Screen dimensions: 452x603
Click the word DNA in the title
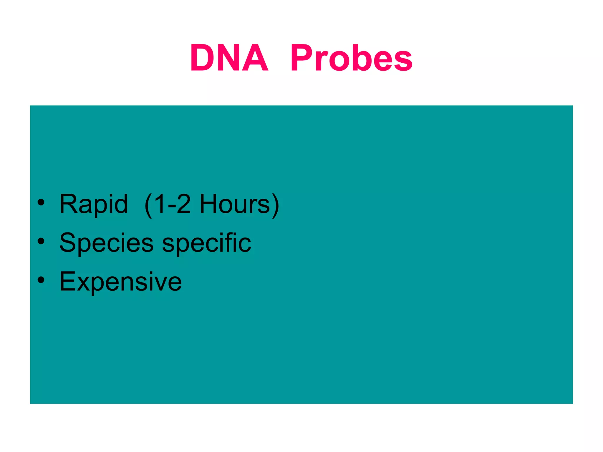(x=229, y=58)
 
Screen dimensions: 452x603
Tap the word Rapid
(x=94, y=204)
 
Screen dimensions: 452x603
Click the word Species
(x=106, y=243)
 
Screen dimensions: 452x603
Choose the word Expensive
(x=120, y=282)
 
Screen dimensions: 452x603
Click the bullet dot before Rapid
(x=41, y=202)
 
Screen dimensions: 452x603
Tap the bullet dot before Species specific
(x=41, y=241)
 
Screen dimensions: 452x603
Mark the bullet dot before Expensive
(x=41, y=280)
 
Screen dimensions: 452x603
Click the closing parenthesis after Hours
(x=275, y=205)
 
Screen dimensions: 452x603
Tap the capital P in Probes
(x=301, y=58)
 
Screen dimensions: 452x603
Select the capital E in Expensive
(x=67, y=281)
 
